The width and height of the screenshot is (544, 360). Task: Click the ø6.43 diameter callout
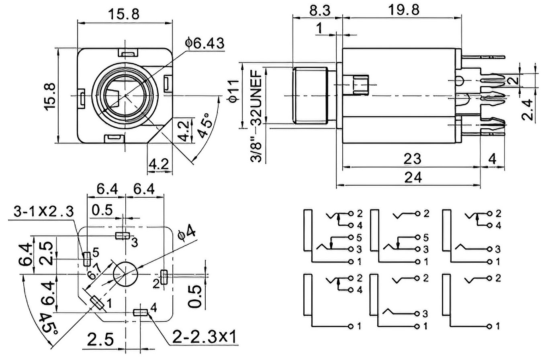pos(205,43)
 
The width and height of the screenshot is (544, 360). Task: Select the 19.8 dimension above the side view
pos(404,10)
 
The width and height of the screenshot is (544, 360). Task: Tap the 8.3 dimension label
pos(320,10)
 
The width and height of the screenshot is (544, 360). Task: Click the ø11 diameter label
pos(234,91)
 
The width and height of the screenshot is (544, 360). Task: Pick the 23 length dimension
pos(412,159)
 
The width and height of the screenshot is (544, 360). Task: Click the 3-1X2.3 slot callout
pos(44,211)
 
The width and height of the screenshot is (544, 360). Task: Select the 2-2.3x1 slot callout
pos(204,337)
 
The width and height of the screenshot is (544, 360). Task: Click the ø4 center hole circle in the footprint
pos(125,274)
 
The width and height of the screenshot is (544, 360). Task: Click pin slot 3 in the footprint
pos(123,235)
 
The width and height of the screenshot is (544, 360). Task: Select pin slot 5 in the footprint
pos(87,259)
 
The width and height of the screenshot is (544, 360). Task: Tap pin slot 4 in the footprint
pos(141,313)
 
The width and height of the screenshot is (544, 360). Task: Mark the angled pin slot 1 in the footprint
pos(97,303)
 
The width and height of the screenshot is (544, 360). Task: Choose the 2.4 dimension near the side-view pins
pos(528,109)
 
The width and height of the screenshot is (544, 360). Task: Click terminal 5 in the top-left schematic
pos(351,237)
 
